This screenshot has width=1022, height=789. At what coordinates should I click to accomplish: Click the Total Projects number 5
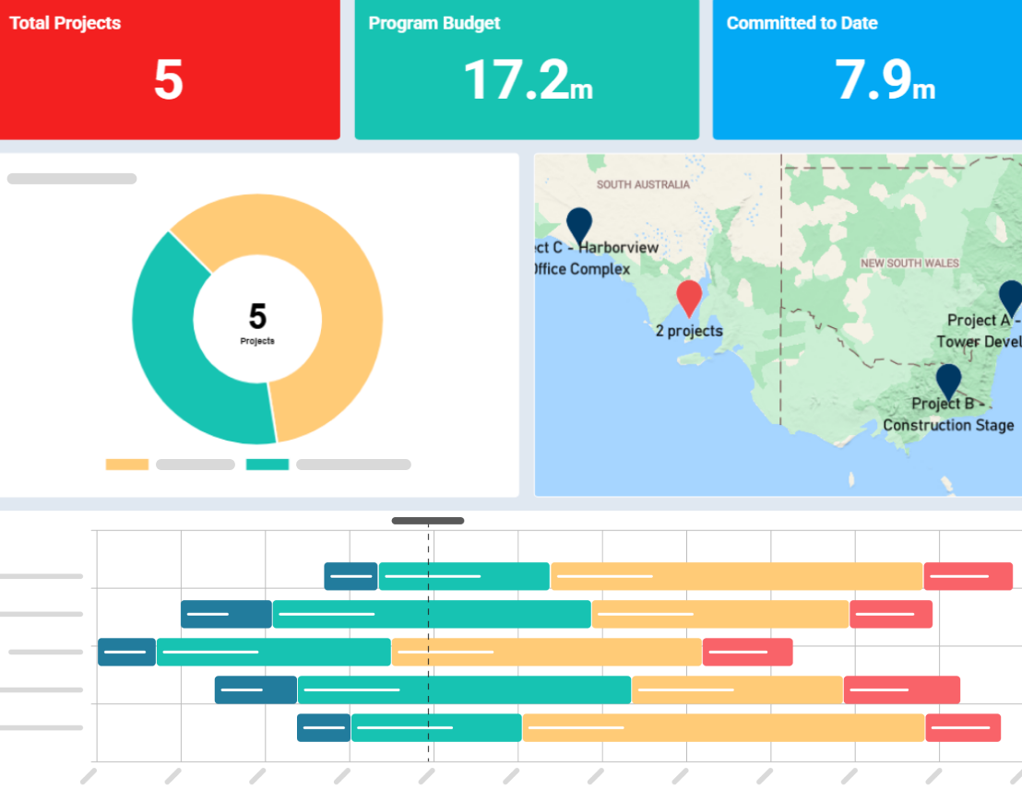[x=169, y=80]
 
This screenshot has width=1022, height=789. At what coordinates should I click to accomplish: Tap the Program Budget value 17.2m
[x=527, y=80]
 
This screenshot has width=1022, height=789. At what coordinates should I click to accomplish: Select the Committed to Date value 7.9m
[x=885, y=80]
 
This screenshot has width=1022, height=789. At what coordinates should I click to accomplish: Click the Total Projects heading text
[x=65, y=23]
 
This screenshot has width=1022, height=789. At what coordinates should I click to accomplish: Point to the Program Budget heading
[x=434, y=23]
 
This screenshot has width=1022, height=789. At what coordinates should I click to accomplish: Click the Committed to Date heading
[x=802, y=23]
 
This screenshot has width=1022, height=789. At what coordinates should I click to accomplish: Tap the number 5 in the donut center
[x=257, y=317]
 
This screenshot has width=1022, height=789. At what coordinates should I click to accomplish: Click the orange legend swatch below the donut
[x=127, y=465]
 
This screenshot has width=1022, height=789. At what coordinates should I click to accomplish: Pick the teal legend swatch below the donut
[x=267, y=465]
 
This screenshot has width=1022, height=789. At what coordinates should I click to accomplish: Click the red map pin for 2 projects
[x=689, y=298]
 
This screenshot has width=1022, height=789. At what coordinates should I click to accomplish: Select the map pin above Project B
[x=948, y=380]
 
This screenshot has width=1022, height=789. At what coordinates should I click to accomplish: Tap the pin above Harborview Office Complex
[x=578, y=224]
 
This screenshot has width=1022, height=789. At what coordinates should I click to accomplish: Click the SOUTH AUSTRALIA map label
[x=643, y=184]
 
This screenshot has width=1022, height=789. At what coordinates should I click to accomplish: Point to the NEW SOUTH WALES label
[x=909, y=264]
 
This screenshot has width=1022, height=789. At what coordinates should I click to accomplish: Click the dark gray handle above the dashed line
[x=428, y=521]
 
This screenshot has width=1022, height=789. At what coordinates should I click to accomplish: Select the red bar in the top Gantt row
[x=968, y=576]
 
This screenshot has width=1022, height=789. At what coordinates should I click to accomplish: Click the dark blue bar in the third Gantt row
[x=126, y=652]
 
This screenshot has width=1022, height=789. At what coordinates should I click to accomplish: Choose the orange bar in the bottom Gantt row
[x=723, y=727]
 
